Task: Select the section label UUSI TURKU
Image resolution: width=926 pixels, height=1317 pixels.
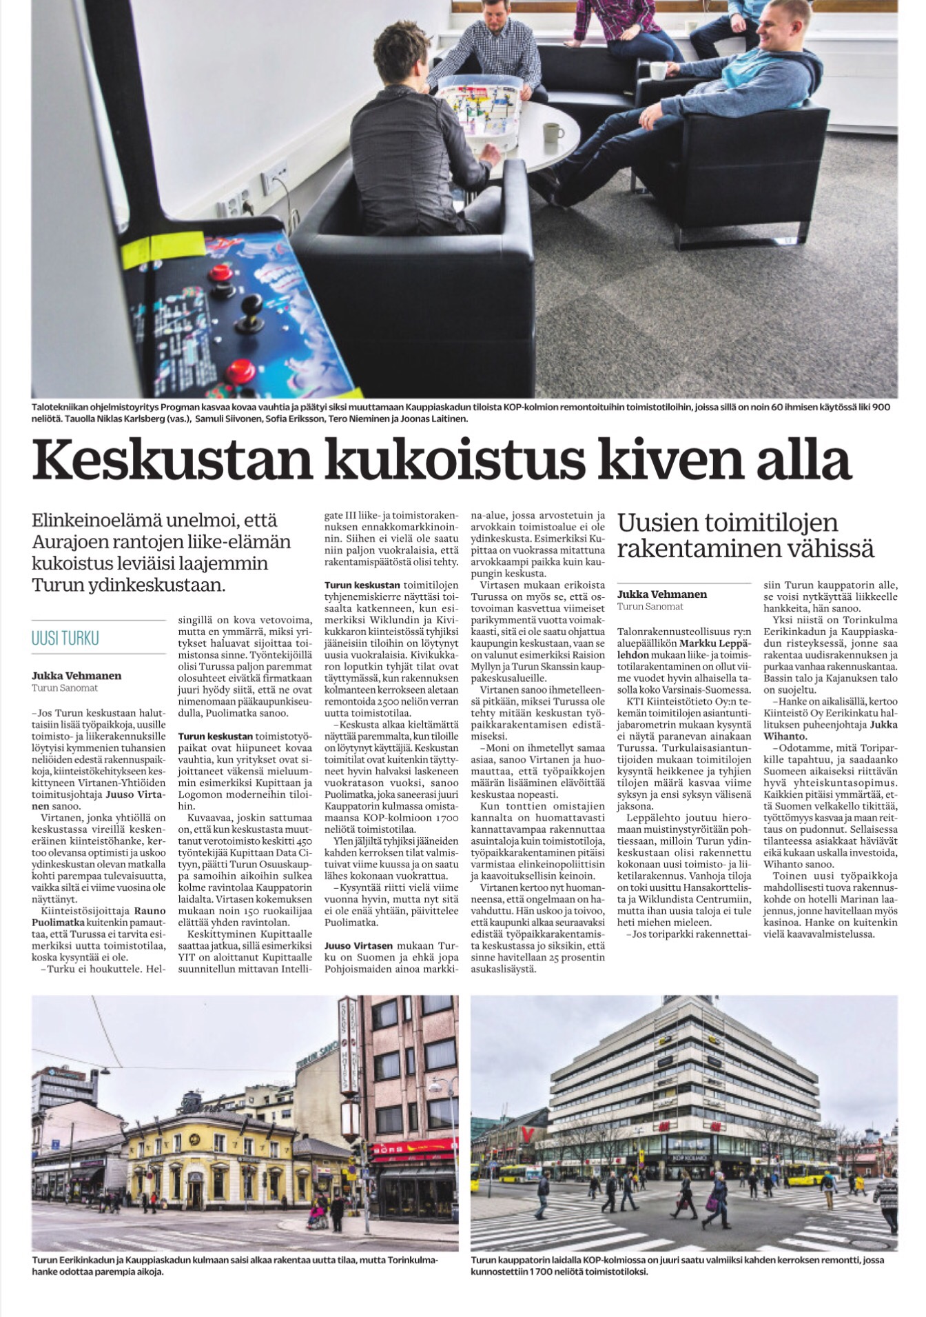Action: click(65, 638)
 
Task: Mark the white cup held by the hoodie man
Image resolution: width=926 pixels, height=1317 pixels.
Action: click(658, 70)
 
